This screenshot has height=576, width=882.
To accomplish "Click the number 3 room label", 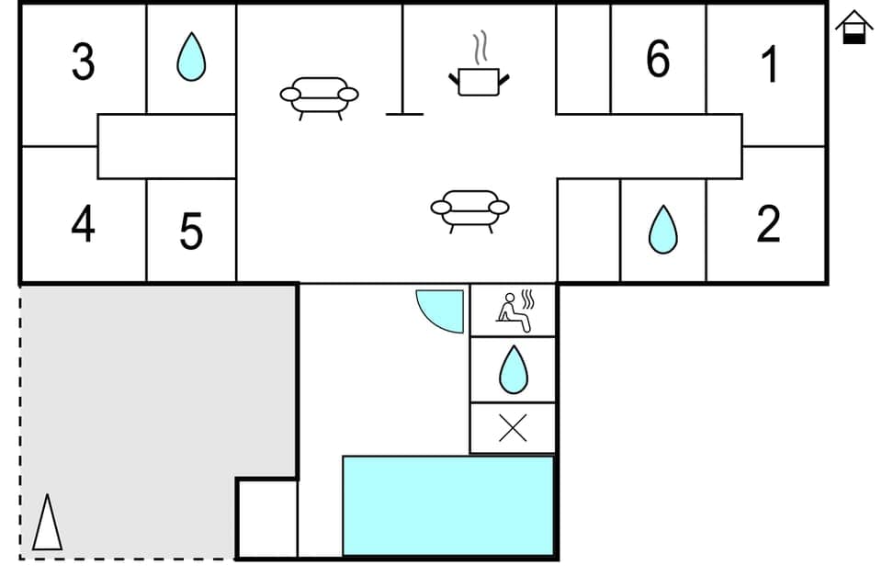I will coord(83,62).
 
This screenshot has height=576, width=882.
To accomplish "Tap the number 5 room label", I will coord(191,232).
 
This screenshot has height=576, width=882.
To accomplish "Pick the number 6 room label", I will coord(658,60).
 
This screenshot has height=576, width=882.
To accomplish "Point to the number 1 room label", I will coord(770,64).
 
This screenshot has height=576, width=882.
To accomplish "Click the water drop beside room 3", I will coord(191,57).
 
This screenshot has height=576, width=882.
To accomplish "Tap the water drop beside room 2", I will coord(662,230).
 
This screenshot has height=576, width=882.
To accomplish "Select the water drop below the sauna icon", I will coord(513,369).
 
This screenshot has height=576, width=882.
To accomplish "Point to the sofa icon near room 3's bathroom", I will coord(319,97).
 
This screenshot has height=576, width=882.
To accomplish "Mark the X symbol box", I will coord(513,428).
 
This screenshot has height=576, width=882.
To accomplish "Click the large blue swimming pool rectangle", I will coord(448,505).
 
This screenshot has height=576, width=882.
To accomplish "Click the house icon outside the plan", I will coord(854,27).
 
